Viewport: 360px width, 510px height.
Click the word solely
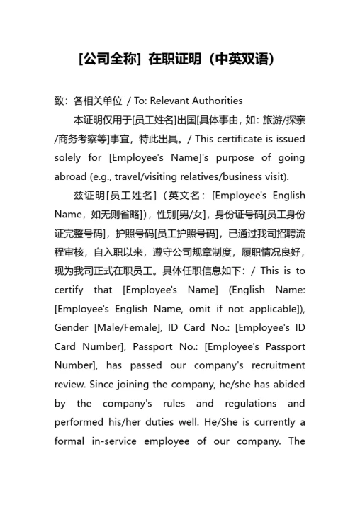coord(69,157)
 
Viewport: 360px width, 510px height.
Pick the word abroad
coord(69,176)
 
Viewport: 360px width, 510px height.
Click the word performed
coord(79,423)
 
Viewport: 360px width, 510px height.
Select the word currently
coord(266,423)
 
